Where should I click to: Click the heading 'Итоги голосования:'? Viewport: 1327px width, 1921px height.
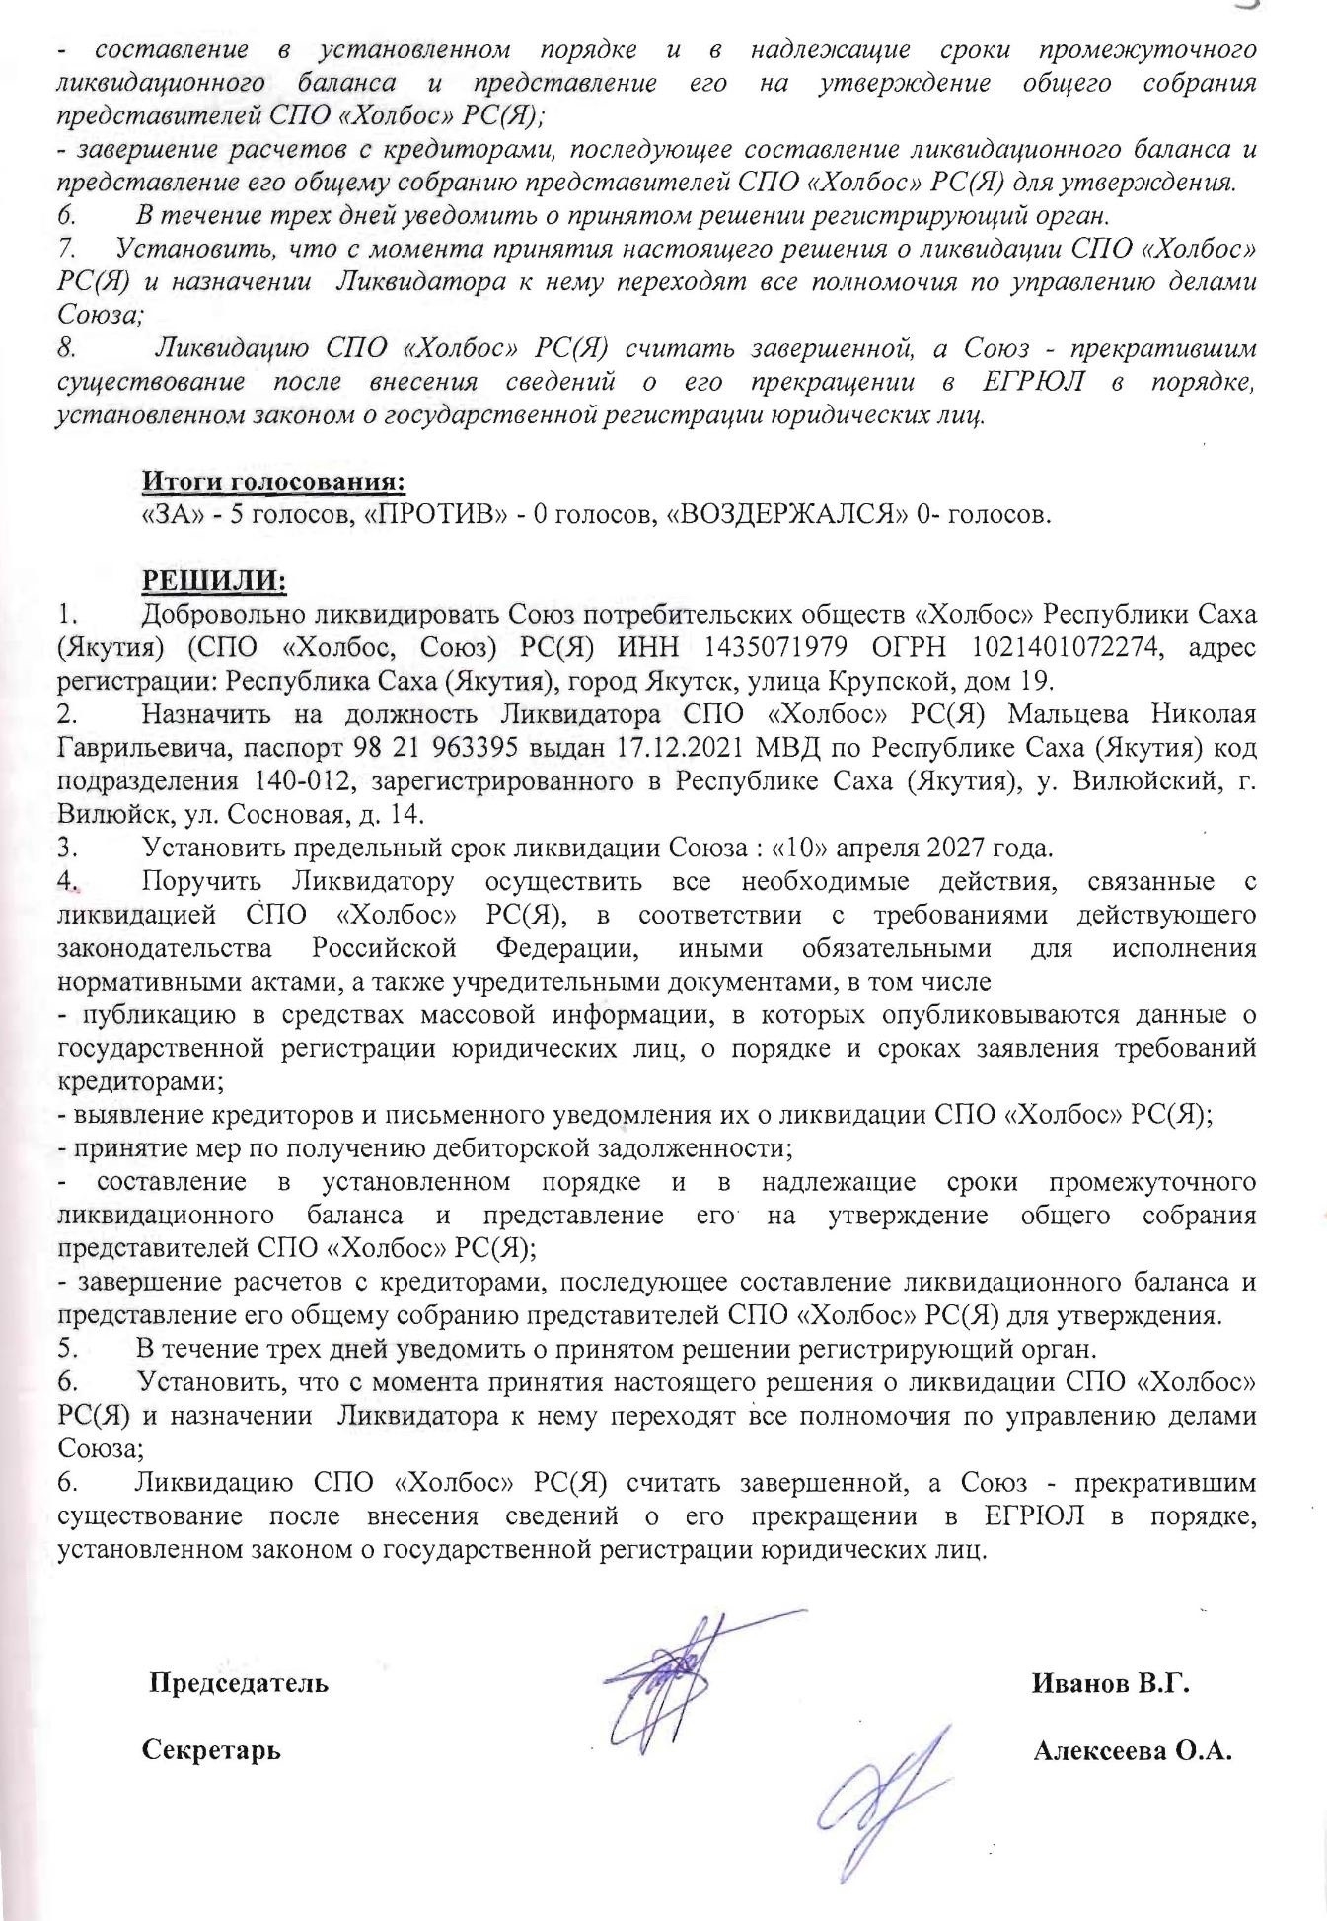[x=274, y=482]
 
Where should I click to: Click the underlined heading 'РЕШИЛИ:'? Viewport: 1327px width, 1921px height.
[x=214, y=580]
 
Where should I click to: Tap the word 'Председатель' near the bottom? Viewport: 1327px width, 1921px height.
[x=239, y=1682]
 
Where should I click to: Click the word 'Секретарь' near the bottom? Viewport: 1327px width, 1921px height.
[x=211, y=1750]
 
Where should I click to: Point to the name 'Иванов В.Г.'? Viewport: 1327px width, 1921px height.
[x=1110, y=1682]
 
